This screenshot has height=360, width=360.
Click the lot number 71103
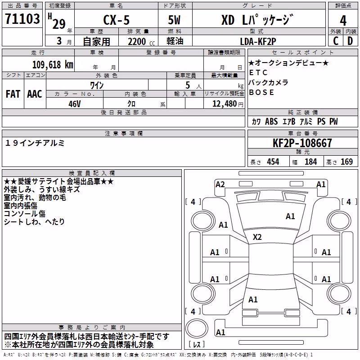tap(22, 19)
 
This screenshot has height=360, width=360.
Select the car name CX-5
tap(117, 20)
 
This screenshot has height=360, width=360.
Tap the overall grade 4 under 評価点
tap(343, 21)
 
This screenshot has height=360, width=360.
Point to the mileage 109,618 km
tap(53, 65)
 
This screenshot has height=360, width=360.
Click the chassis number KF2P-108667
tap(302, 143)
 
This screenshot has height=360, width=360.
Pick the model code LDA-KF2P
tap(258, 41)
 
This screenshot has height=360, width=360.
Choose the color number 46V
tap(75, 104)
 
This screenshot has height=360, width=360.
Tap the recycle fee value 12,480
tap(225, 104)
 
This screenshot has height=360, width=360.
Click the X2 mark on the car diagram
tap(257, 237)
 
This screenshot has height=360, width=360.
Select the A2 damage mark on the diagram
tap(220, 184)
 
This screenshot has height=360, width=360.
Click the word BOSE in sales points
tap(261, 92)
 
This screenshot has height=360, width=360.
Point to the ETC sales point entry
tap(258, 72)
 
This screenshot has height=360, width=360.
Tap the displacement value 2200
tap(137, 42)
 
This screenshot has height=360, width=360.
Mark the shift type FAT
tap(13, 94)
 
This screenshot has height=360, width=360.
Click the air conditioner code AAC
tap(35, 94)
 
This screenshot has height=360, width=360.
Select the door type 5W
tap(174, 20)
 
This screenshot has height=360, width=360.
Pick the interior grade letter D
tap(350, 41)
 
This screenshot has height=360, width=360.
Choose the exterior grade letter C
tap(336, 41)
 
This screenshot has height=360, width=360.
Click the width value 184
tap(311, 162)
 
